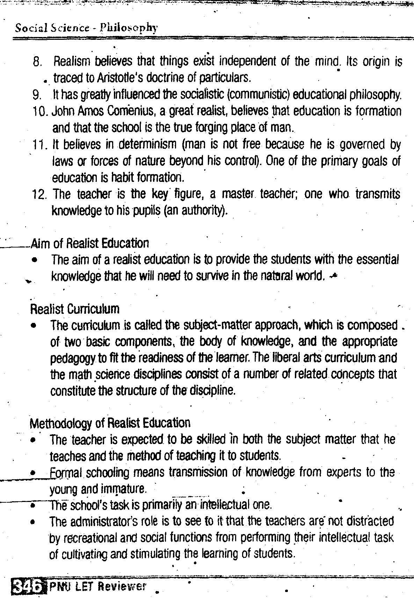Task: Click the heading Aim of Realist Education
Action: (90, 243)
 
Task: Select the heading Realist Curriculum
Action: (75, 309)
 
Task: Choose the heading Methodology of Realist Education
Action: (110, 423)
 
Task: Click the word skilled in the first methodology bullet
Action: (212, 439)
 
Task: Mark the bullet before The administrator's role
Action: (33, 523)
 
